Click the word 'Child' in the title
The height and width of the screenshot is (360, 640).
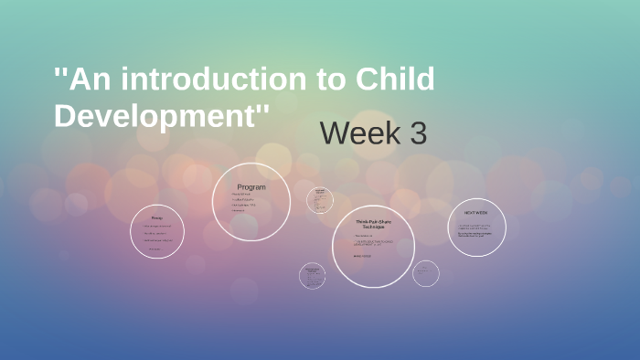coord(390,81)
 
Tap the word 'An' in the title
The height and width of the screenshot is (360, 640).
coord(91,81)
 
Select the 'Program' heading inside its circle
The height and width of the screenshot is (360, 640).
coord(251,187)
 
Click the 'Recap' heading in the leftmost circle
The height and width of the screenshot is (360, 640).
coord(157,217)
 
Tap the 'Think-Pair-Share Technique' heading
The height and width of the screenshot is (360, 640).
coord(373,225)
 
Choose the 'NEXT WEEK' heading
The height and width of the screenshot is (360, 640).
coord(476,212)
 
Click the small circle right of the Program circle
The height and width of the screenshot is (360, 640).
coord(320,198)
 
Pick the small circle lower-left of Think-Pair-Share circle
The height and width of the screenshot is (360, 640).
coord(312,276)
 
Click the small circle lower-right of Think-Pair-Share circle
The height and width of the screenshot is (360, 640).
coord(425,272)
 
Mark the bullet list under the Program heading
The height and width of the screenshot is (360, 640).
coord(245,203)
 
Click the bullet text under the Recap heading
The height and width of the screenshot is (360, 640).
coord(157,237)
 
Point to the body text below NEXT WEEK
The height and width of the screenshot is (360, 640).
coord(476,230)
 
